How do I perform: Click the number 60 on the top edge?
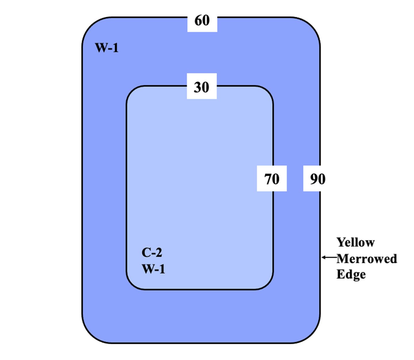pyautogui.click(x=202, y=21)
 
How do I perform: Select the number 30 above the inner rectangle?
pyautogui.click(x=201, y=87)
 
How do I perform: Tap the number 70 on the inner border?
pyautogui.click(x=272, y=179)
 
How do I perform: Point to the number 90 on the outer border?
pyautogui.click(x=317, y=179)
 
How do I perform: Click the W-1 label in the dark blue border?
pyautogui.click(x=107, y=48)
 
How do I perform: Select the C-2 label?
pyautogui.click(x=152, y=252)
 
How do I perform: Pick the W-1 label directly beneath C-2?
pyautogui.click(x=153, y=269)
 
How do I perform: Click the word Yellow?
pyautogui.click(x=355, y=242)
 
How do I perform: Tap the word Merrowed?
pyautogui.click(x=367, y=258)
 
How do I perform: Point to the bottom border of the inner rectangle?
pyautogui.click(x=200, y=289)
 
